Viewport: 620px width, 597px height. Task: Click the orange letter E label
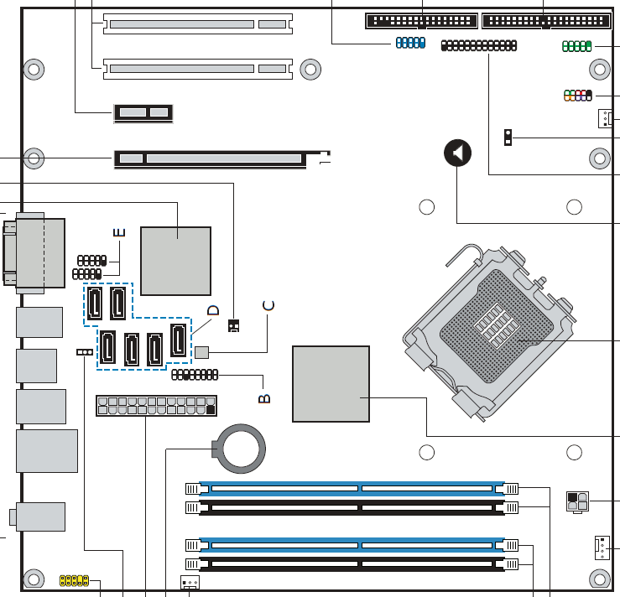(x=119, y=232)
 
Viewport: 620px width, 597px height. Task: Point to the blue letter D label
(x=213, y=310)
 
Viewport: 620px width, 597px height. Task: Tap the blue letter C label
(x=268, y=304)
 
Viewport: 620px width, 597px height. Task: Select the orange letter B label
(x=263, y=398)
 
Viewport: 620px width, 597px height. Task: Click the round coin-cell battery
(x=243, y=445)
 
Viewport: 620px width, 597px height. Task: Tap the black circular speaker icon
(x=457, y=153)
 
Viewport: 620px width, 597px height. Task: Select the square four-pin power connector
(x=577, y=501)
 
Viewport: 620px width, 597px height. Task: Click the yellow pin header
(x=74, y=579)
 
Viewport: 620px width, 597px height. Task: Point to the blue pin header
(x=409, y=42)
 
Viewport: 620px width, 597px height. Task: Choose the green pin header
(x=577, y=46)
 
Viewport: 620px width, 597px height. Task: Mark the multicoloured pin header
(x=577, y=96)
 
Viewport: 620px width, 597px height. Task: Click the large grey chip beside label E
(x=176, y=260)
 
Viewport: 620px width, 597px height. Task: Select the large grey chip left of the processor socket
(x=331, y=383)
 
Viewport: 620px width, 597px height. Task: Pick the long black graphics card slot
(x=210, y=158)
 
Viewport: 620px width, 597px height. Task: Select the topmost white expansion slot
(x=198, y=23)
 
